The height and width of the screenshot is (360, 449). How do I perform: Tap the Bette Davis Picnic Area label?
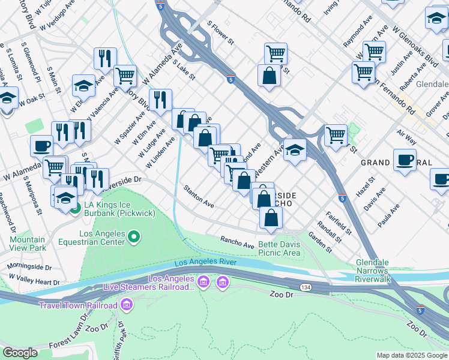click(x=279, y=248)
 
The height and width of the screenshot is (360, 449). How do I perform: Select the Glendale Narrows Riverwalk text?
click(x=381, y=271)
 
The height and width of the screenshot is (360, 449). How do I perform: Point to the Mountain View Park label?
click(x=28, y=243)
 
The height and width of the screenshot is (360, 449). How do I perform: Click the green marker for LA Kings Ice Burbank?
click(x=75, y=209)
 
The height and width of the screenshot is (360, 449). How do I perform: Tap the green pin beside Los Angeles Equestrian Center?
click(x=133, y=238)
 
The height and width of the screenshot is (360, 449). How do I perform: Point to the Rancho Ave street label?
click(x=237, y=243)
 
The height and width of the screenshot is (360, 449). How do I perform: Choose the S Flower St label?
click(x=219, y=32)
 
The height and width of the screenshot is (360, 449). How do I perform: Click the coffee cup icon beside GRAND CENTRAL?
click(x=405, y=160)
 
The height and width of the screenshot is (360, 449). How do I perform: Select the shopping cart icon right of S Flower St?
click(x=276, y=53)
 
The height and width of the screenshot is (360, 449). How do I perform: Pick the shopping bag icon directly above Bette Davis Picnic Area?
click(x=271, y=217)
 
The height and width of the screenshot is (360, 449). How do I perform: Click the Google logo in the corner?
click(x=20, y=353)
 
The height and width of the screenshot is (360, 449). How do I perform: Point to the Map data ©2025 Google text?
click(x=411, y=355)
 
